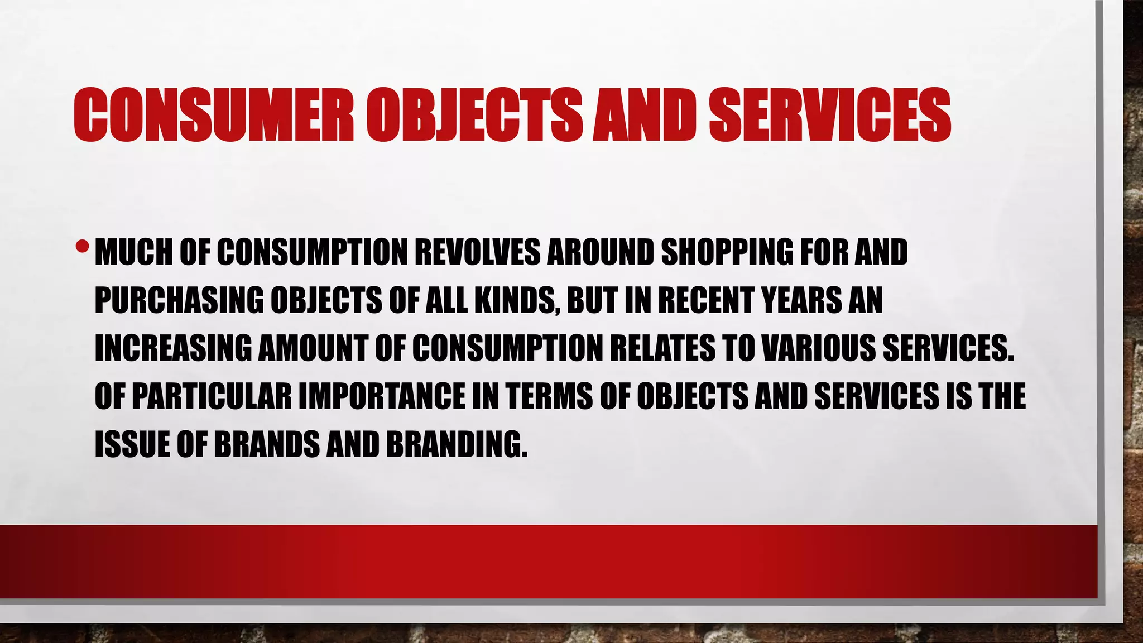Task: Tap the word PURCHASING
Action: (x=179, y=300)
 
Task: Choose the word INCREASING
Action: (x=172, y=348)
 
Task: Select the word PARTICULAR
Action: (x=212, y=396)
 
